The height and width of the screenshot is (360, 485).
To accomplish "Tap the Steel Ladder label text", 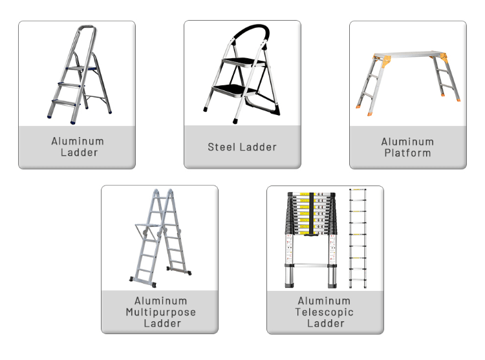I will (242, 147).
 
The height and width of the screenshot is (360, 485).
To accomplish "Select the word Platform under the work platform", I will (407, 153).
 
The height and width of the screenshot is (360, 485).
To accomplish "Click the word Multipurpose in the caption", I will (160, 312).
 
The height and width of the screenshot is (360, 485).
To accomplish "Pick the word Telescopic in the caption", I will (325, 312).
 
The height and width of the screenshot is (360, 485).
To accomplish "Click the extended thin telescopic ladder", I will (358, 239).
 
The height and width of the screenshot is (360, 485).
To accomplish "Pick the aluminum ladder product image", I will (77, 74).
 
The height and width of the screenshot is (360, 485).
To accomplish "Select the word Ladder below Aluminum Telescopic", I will (325, 323).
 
